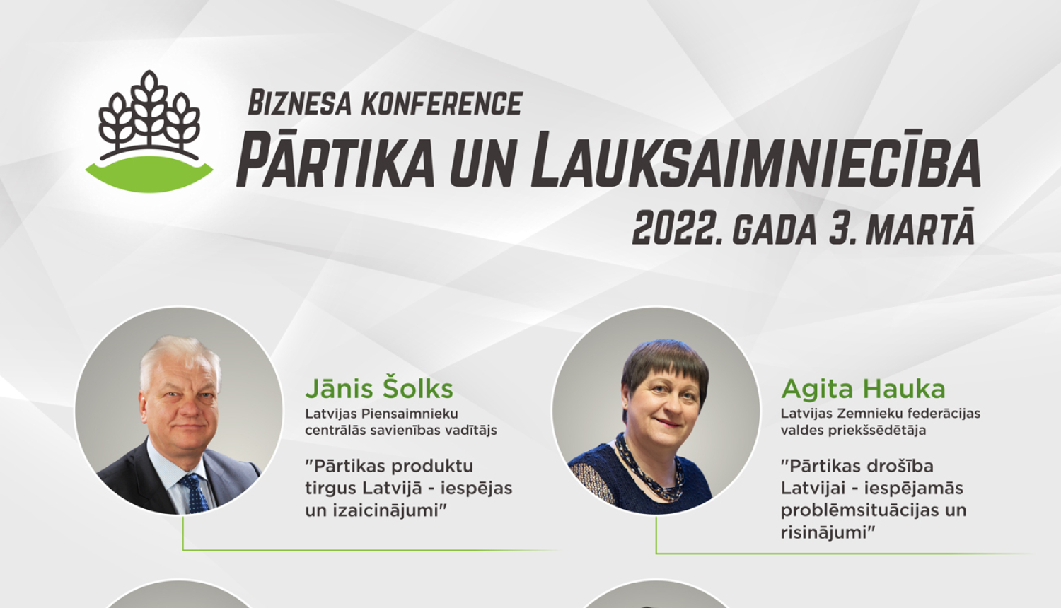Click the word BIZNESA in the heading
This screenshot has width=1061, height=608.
tap(299, 104)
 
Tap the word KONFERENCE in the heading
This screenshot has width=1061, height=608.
tap(442, 104)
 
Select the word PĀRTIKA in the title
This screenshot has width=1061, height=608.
tap(335, 161)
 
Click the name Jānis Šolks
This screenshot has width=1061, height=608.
tap(379, 389)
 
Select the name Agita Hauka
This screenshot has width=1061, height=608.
tap(863, 389)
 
